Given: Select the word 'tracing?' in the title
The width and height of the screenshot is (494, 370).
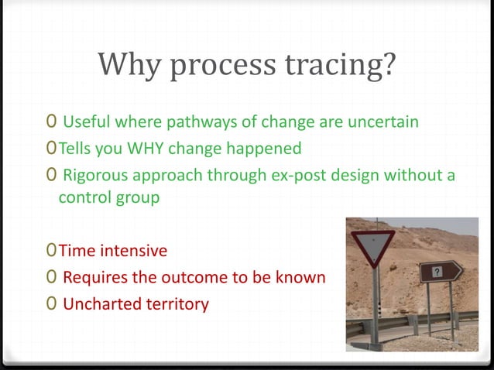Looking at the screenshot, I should coord(346,67).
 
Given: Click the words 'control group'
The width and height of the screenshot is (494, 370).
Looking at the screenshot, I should coord(109,197).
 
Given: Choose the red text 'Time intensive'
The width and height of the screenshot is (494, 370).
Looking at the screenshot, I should coord(113,251).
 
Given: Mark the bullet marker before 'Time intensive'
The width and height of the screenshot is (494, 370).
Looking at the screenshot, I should coord(50,251).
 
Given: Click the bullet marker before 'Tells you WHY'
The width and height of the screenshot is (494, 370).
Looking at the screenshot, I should coord(50,147).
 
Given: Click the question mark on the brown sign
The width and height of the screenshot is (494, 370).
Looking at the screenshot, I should coord(437,271).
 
